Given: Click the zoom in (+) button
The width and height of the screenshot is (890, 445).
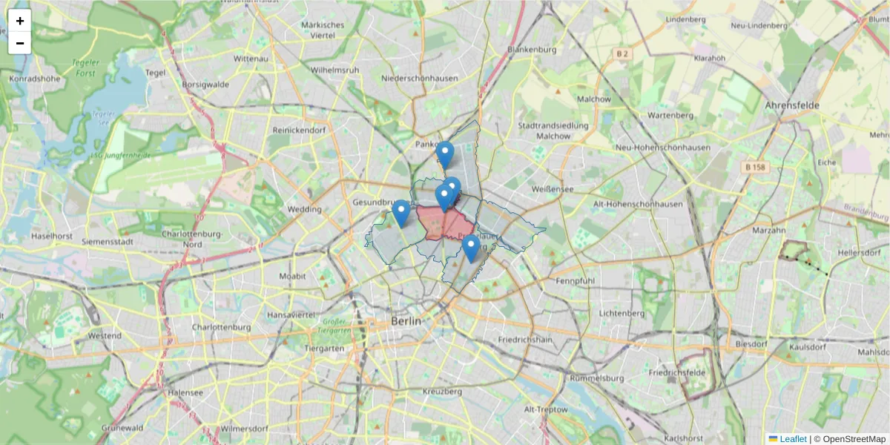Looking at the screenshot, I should [x=20, y=21].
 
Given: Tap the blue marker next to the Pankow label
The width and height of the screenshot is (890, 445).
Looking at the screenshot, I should [x=444, y=154].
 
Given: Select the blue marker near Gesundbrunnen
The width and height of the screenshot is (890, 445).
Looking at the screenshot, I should [x=401, y=212].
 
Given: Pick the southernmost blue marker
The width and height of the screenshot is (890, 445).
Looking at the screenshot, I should [x=470, y=247].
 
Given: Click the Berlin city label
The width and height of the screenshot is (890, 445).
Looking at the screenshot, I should [x=406, y=322].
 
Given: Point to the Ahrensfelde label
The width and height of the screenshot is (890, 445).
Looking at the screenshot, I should [x=792, y=105].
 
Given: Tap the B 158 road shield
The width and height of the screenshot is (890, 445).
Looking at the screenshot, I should [x=755, y=168].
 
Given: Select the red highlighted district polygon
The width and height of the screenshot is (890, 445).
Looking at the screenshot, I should [x=445, y=224].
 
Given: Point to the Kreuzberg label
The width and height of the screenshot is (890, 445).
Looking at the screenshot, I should [x=421, y=391].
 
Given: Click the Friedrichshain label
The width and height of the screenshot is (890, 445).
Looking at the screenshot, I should [x=526, y=340].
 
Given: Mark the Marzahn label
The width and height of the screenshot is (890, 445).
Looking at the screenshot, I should [x=769, y=231].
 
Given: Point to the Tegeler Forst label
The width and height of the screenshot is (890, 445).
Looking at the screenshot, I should [x=86, y=67].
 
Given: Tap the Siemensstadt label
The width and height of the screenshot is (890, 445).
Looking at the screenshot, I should [x=108, y=242].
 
